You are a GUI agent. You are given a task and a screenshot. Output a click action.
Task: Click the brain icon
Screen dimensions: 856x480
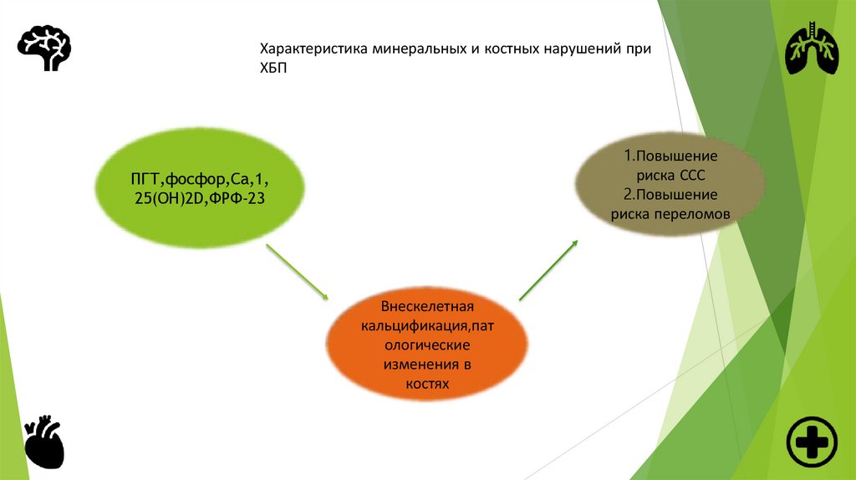pos(44,47)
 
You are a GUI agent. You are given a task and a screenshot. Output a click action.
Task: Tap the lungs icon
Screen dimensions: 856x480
pos(812,49)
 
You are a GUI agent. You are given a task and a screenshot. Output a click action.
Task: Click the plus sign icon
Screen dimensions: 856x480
pos(811,441)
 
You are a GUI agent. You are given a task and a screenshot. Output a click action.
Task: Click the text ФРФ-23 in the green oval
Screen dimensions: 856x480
pos(245,197)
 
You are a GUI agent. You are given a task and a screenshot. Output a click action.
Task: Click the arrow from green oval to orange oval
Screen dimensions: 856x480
pos(298,271)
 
